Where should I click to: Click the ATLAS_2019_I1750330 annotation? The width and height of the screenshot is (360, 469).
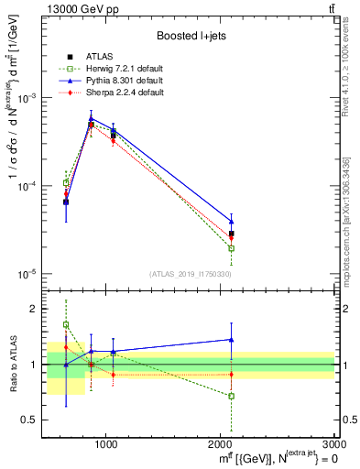(x=189, y=273)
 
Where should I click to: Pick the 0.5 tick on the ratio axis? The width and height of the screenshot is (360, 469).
(x=38, y=420)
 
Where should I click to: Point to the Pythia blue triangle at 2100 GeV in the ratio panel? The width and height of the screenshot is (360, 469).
(x=232, y=340)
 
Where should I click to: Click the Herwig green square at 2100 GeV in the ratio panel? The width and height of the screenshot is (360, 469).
(x=232, y=397)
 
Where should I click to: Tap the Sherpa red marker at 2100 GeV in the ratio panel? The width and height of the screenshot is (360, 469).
(x=232, y=374)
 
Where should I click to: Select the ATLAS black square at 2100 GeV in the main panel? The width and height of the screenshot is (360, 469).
(x=232, y=234)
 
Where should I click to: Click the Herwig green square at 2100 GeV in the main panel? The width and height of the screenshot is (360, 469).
(x=232, y=248)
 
